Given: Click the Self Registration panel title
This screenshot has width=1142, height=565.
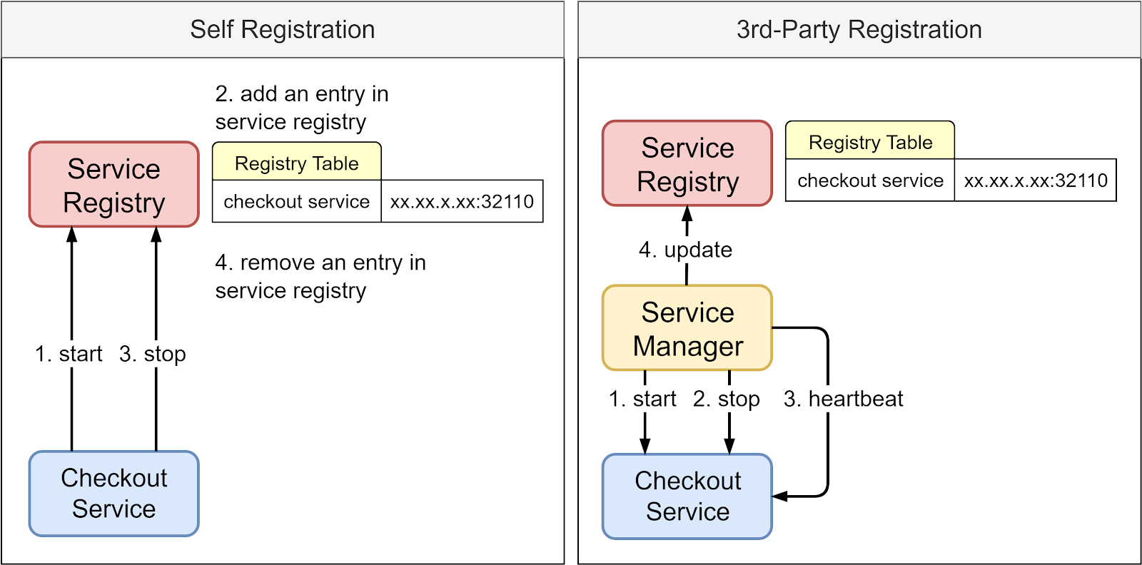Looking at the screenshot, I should (x=282, y=30).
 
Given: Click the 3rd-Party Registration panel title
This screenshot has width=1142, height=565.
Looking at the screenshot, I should (x=859, y=30).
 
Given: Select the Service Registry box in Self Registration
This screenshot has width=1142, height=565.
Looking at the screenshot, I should (x=114, y=185).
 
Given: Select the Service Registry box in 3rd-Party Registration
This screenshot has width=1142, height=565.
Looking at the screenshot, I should (x=687, y=164).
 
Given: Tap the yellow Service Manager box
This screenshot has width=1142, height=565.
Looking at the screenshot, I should (x=687, y=328).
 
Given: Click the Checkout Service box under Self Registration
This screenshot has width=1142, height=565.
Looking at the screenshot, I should (x=114, y=493).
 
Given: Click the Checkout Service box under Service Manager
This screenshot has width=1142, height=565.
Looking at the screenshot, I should (x=687, y=496).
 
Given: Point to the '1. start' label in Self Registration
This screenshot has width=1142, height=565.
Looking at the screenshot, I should (x=69, y=354).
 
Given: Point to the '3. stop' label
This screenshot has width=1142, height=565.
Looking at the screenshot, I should (x=153, y=354).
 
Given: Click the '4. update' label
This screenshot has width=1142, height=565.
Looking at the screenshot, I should (x=685, y=250).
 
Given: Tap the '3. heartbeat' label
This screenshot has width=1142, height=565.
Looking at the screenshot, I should (x=843, y=399).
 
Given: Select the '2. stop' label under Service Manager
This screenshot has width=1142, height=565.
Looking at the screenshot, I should (x=726, y=399).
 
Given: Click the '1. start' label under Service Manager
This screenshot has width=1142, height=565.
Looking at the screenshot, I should (x=642, y=399).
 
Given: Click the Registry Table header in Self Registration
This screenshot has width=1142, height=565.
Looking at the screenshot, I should (x=296, y=163).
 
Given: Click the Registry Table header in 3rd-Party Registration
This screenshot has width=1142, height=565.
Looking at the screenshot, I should (x=870, y=142).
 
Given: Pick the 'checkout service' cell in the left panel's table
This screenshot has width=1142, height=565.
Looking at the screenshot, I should (x=296, y=202).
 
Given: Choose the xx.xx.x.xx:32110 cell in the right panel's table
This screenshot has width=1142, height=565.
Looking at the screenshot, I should (x=1035, y=180).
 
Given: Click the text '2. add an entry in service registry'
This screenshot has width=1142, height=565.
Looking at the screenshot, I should (x=301, y=108).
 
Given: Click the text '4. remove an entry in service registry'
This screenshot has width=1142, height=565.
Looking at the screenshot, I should (x=320, y=277).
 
